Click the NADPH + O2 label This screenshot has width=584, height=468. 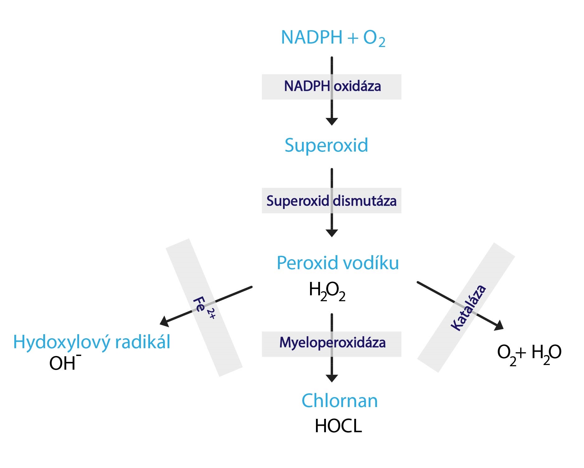333,38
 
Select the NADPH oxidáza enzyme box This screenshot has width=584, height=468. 332,87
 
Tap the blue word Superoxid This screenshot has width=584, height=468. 326,145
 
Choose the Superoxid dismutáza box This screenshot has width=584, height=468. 332,201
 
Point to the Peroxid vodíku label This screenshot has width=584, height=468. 338,263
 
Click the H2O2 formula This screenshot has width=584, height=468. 327,291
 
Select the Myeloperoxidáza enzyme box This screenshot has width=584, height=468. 332,344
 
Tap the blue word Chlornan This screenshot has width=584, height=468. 340,400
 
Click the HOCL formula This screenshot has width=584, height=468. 338,426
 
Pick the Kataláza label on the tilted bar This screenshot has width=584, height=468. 469,307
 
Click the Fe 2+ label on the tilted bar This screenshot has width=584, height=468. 204,308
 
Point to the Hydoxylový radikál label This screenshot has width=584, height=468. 92,342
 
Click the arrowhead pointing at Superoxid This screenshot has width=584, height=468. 332,122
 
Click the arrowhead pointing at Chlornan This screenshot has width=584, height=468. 332,378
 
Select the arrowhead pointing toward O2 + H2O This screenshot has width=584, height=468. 499,325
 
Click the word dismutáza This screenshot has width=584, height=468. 365,201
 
